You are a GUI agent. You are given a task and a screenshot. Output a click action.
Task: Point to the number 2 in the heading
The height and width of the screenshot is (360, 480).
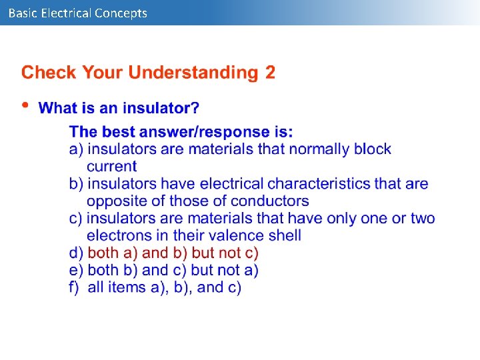(x=270, y=73)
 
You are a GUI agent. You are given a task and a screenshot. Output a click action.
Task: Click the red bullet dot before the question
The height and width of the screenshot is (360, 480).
(x=26, y=105)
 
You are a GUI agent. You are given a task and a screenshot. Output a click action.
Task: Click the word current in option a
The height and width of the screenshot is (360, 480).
(x=111, y=167)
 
